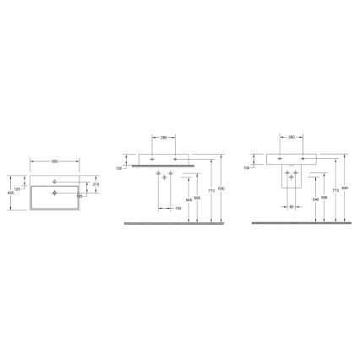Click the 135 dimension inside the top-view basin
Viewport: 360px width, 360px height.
tap(80, 196)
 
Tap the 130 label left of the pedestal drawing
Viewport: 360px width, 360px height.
tap(247, 167)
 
